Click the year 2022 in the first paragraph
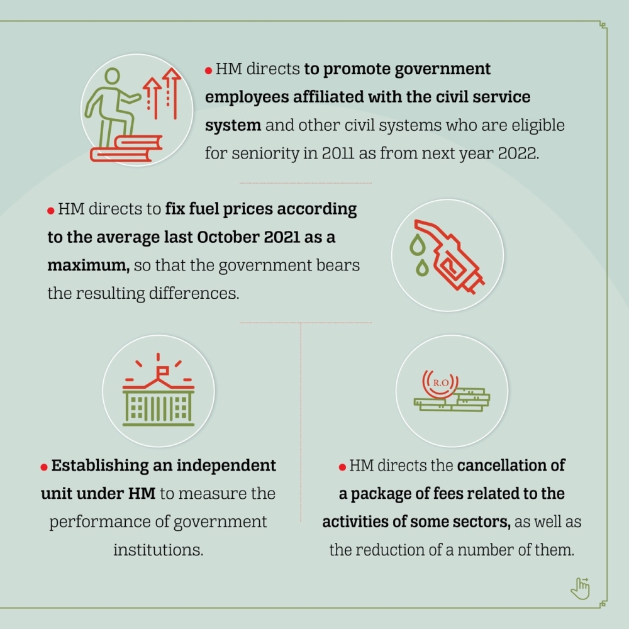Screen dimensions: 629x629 point(518,153)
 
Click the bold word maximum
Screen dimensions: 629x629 point(88,265)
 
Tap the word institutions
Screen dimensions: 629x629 point(158,550)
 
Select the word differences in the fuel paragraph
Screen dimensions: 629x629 point(194,293)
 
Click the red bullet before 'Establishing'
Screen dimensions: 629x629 point(44,467)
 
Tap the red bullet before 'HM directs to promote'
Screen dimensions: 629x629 point(208,70)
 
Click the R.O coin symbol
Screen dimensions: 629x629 point(440,382)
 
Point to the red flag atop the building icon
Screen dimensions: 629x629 point(162,370)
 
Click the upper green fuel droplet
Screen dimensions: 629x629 point(418,245)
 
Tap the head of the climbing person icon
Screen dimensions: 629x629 point(112,76)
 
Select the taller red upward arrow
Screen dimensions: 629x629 point(172,94)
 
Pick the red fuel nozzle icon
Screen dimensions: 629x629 point(449,257)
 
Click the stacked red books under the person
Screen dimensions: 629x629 point(126,149)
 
